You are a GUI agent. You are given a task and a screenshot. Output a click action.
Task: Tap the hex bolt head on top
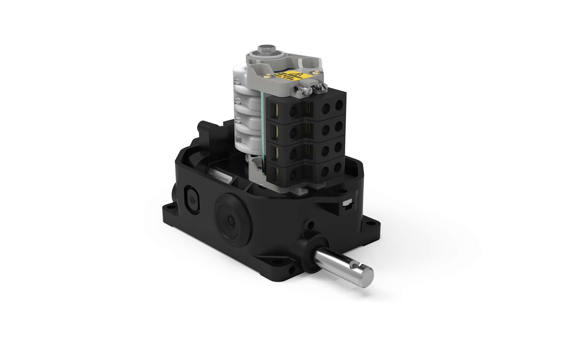(x=265, y=50)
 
